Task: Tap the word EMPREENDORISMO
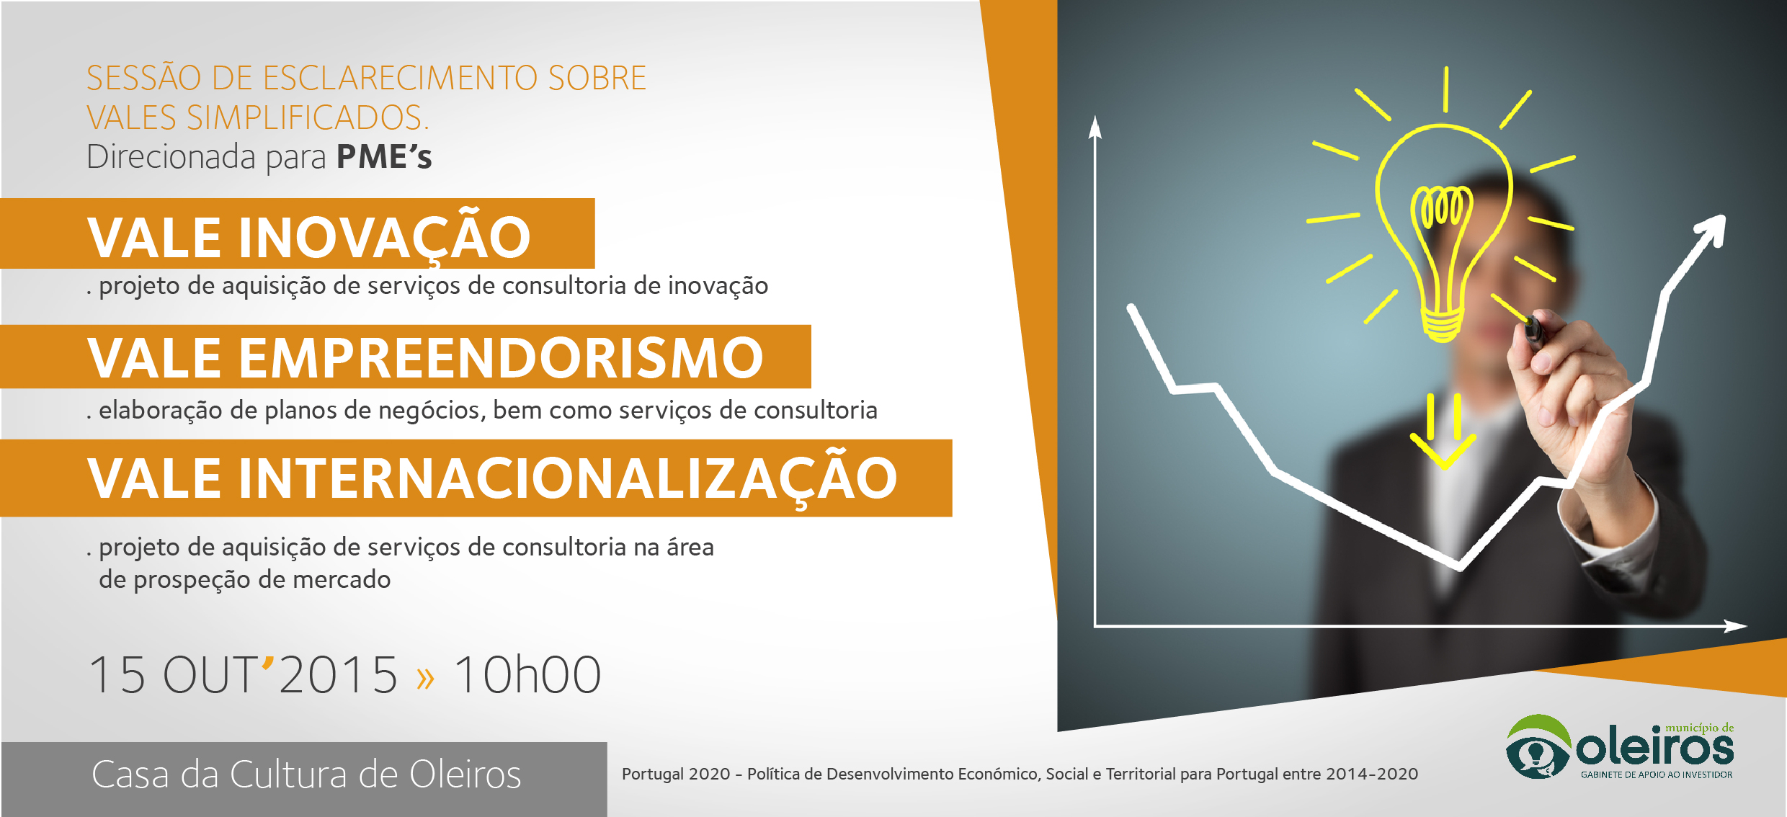point(501,357)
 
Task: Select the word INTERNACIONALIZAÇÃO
point(568,478)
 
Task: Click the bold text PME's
point(384,157)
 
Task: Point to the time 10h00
point(527,675)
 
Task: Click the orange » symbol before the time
point(426,677)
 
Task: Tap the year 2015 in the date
point(337,675)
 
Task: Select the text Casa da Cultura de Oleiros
point(306,774)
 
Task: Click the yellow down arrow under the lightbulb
point(1443,432)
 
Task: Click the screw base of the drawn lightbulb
point(1442,325)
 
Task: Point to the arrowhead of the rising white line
point(1711,232)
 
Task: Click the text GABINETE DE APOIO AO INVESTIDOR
point(1657,775)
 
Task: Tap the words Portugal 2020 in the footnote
point(676,774)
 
